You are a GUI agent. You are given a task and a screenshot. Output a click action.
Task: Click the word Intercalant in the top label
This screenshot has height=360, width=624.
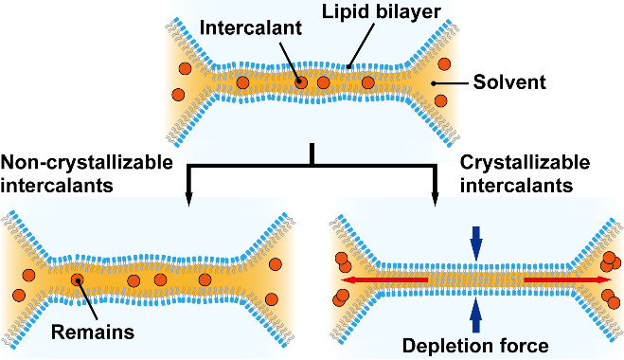click(x=251, y=27)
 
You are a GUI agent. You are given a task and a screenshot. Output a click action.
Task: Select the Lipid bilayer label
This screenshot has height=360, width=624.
click(x=382, y=12)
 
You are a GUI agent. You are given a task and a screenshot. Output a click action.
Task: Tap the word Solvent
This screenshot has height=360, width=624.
click(x=509, y=82)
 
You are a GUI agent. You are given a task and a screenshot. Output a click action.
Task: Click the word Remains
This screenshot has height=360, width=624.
click(x=93, y=333)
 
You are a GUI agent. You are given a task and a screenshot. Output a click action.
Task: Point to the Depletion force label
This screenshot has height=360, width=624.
click(x=475, y=346)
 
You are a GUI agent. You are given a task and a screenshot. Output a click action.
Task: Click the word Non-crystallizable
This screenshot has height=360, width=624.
click(x=87, y=163)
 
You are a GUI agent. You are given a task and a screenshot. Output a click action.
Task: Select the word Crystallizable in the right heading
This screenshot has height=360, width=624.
click(x=525, y=163)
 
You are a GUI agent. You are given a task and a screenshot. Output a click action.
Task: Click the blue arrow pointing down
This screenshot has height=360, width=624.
click(x=476, y=243)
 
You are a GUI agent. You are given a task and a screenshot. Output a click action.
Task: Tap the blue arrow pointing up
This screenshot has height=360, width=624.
click(x=476, y=315)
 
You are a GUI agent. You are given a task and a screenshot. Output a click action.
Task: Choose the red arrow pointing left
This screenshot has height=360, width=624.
click(x=384, y=280)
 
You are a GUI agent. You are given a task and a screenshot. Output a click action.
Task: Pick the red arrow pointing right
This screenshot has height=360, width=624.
click(x=568, y=280)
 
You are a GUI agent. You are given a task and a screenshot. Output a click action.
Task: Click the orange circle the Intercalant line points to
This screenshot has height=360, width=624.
click(x=301, y=82)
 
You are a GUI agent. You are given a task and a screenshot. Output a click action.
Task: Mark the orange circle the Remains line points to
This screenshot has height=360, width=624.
click(x=78, y=280)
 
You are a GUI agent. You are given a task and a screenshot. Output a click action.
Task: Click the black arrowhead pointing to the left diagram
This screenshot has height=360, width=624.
click(x=188, y=200)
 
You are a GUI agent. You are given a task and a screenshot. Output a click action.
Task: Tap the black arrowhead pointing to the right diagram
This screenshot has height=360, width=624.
click(x=435, y=200)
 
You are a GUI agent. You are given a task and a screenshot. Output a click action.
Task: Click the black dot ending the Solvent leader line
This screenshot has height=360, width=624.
click(x=434, y=83)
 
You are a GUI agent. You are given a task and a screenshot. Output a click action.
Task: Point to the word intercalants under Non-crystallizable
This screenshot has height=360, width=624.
click(x=57, y=186)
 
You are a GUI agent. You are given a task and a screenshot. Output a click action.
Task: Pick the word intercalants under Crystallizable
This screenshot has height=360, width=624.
click(x=517, y=186)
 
